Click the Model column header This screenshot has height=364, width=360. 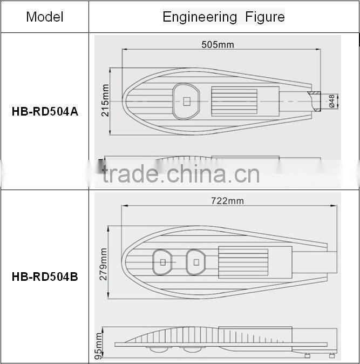[44, 17]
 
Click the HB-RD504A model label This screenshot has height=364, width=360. [44, 112]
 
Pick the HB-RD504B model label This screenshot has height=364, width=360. [44, 277]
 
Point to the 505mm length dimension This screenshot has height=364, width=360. [218, 44]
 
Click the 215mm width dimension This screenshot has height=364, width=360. [105, 101]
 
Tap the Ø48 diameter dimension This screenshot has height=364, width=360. [332, 101]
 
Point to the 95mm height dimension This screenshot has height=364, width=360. [99, 346]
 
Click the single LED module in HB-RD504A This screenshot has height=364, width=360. [186, 100]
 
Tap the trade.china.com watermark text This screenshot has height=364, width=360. [181, 174]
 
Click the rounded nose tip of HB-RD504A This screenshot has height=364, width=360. [124, 101]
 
